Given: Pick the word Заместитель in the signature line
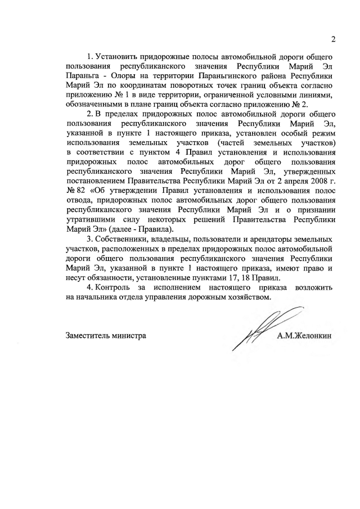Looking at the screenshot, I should click(x=91, y=336).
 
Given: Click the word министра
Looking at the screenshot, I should click(x=132, y=336).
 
